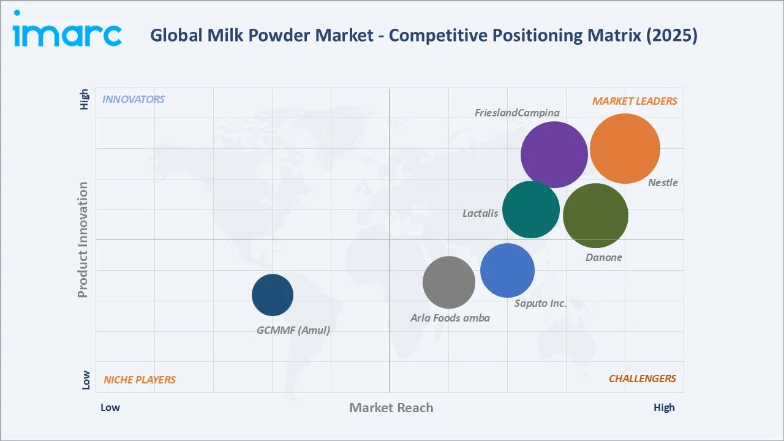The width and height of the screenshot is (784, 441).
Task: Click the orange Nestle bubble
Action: (x=625, y=148)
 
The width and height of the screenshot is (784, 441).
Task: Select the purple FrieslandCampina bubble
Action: (x=554, y=155)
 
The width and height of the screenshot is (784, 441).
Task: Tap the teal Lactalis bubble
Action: (x=531, y=209)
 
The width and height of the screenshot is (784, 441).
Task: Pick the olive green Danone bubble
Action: (x=595, y=216)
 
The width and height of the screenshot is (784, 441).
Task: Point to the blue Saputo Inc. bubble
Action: (x=507, y=270)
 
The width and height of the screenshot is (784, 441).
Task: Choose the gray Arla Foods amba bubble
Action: (x=449, y=282)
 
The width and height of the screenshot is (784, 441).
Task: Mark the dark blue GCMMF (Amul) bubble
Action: (x=273, y=295)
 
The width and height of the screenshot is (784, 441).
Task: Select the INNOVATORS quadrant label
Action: (x=134, y=99)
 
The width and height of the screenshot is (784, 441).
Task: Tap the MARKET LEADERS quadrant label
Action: (x=635, y=101)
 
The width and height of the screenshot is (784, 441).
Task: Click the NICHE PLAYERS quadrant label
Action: (x=140, y=380)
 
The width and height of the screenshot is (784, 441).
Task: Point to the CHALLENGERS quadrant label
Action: (x=642, y=379)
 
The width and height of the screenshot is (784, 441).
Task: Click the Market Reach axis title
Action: (x=391, y=408)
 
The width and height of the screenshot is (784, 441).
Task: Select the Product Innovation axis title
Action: (x=83, y=239)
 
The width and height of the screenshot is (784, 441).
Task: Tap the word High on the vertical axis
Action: (x=85, y=100)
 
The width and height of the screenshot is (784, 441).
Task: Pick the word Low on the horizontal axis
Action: (x=110, y=407)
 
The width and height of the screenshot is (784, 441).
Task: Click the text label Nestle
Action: (x=663, y=183)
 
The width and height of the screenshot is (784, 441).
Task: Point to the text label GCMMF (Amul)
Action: (x=293, y=330)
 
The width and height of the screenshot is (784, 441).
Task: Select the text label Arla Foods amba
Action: (x=450, y=318)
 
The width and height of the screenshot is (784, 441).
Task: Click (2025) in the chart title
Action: (x=672, y=36)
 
